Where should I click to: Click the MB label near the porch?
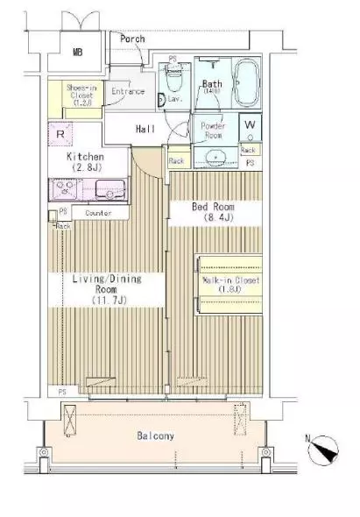click(77, 53)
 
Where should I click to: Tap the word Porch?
click(134, 39)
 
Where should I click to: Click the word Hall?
click(145, 130)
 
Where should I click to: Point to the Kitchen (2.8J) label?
click(87, 161)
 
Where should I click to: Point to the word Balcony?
click(155, 436)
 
